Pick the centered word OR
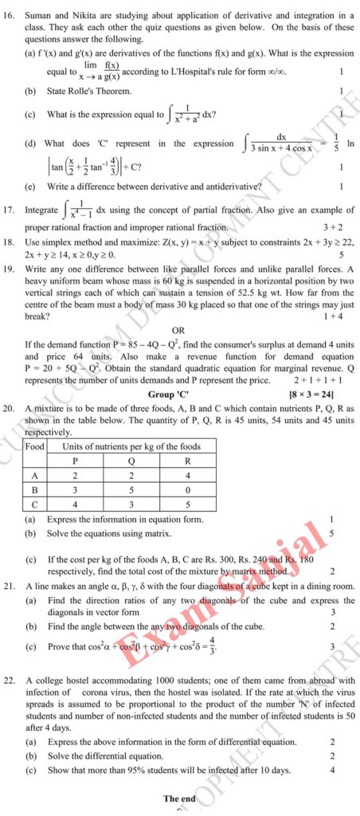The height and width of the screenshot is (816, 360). click(178, 330)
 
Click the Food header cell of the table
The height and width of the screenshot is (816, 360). click(34, 446)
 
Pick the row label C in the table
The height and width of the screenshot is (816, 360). click(34, 504)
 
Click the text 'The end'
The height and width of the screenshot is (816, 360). click(179, 798)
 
